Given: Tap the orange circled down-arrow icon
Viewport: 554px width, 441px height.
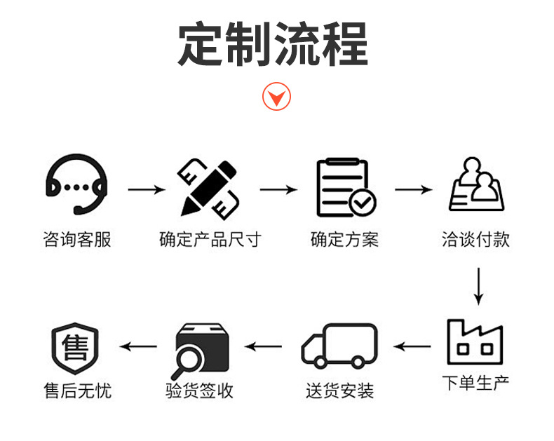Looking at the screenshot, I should point(276,96).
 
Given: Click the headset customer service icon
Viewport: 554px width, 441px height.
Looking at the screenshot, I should point(76,187).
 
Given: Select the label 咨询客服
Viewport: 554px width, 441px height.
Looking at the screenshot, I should point(77,240).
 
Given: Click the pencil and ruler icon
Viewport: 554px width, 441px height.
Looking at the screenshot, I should point(208,188).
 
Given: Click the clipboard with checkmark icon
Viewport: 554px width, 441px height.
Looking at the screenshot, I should point(344,187).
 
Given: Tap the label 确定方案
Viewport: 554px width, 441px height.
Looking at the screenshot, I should point(344,240).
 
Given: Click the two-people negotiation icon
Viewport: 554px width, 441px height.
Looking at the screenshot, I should point(477,186).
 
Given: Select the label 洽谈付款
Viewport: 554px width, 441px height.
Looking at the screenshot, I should point(477,240).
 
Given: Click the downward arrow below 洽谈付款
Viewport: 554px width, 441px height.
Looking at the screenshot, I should point(478,285).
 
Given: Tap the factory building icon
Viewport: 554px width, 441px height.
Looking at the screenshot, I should point(476,342).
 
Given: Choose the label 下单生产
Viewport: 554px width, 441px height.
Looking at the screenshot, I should point(476,384).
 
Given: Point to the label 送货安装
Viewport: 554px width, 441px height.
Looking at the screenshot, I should point(340,391).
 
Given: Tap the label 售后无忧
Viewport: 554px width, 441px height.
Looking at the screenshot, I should point(77,391).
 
